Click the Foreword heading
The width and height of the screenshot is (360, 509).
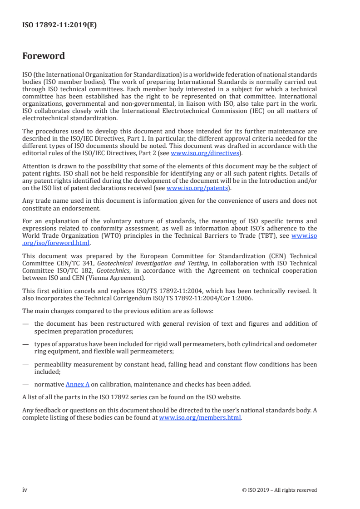click(44, 56)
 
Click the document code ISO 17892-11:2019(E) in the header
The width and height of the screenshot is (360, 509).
click(59, 25)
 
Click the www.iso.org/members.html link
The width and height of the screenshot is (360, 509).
click(200, 417)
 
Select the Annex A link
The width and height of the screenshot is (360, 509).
click(77, 384)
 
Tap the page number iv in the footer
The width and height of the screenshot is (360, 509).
click(25, 489)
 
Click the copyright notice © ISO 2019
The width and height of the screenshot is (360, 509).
click(280, 490)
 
